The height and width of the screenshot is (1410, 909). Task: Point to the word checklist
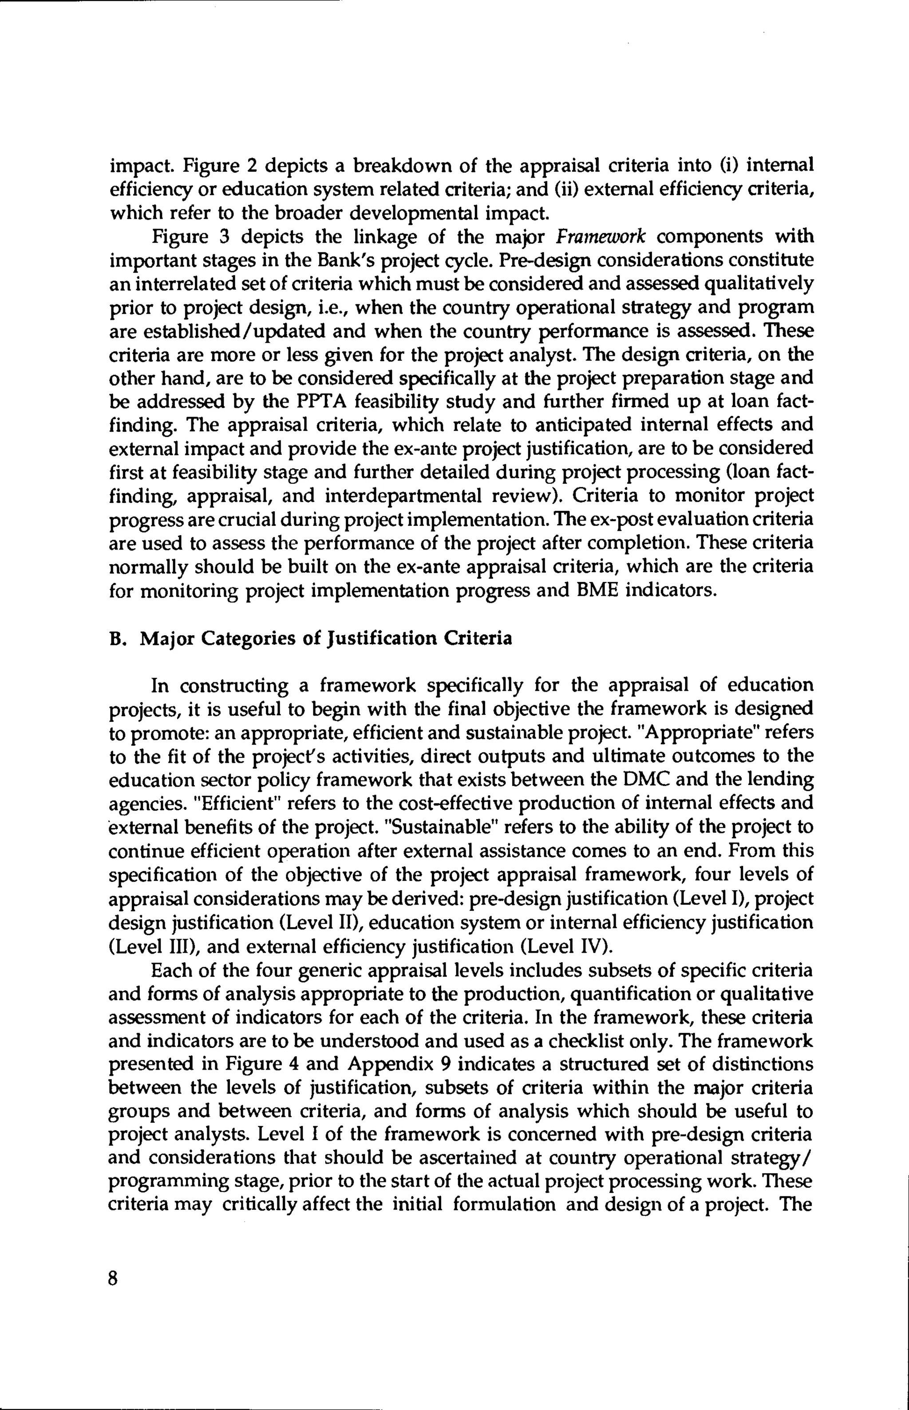pos(590,1040)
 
